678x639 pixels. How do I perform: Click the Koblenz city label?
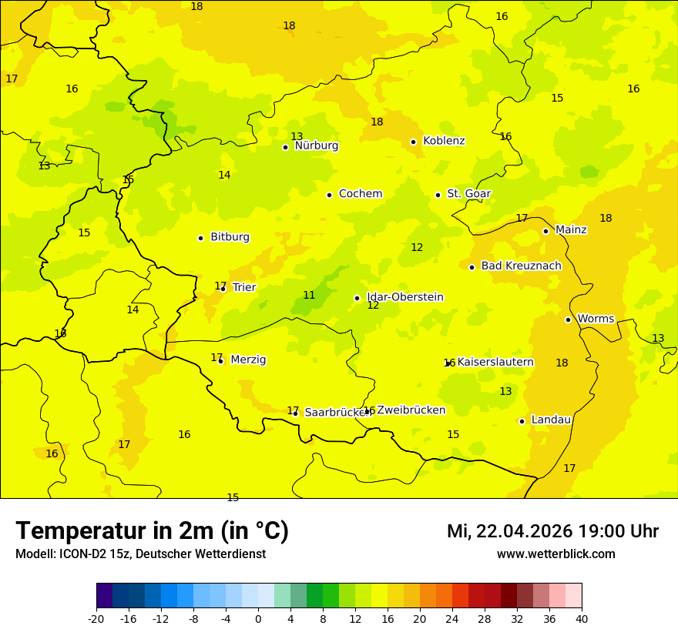(444, 141)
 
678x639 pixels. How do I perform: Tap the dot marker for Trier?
(223, 289)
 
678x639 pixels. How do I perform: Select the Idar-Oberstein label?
(405, 297)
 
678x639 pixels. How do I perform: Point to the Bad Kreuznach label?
(521, 266)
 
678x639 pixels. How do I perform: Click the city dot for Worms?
(568, 319)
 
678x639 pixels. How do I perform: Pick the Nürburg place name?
(316, 146)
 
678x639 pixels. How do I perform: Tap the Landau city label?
(551, 420)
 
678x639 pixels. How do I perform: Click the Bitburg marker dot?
(200, 238)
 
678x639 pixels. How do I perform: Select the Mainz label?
(571, 229)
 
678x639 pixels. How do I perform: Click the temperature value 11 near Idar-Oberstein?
(309, 295)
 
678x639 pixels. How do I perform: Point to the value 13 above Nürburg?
(297, 136)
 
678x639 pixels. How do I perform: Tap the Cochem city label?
(361, 194)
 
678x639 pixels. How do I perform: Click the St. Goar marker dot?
(438, 195)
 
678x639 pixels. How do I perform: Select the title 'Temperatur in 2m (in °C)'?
(152, 530)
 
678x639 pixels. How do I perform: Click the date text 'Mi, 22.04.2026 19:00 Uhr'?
(552, 531)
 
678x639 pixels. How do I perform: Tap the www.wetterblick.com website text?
(555, 554)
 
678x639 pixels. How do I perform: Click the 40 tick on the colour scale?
(582, 618)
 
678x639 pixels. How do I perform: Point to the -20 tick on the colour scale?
(96, 618)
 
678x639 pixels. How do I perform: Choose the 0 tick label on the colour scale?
(258, 618)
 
